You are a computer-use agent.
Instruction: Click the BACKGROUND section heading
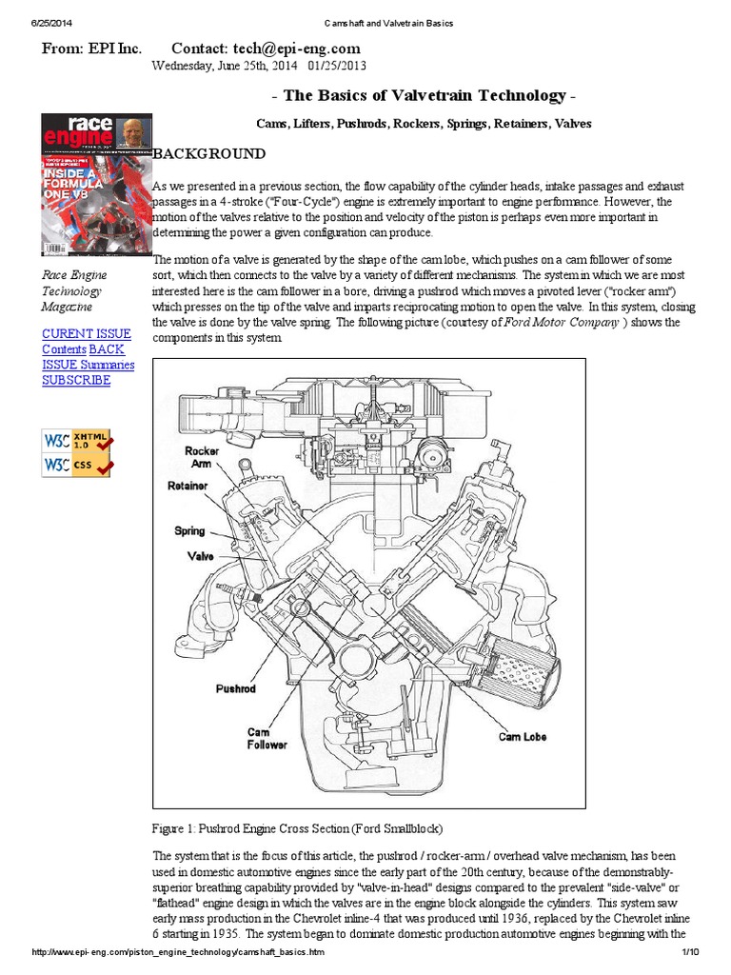pos(210,154)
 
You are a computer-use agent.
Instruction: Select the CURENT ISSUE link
pos(87,333)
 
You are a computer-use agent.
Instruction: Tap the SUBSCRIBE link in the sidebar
pos(76,380)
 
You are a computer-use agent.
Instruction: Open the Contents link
pos(64,349)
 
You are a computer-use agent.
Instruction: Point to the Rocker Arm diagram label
pos(201,456)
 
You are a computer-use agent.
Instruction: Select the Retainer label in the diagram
pos(188,486)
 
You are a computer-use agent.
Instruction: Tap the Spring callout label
pos(189,530)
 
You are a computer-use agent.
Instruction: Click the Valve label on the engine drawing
pos(200,555)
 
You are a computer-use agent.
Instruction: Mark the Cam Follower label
pos(266,738)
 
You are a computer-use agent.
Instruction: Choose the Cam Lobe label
pos(523,736)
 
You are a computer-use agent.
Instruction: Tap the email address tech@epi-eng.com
pos(293,48)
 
